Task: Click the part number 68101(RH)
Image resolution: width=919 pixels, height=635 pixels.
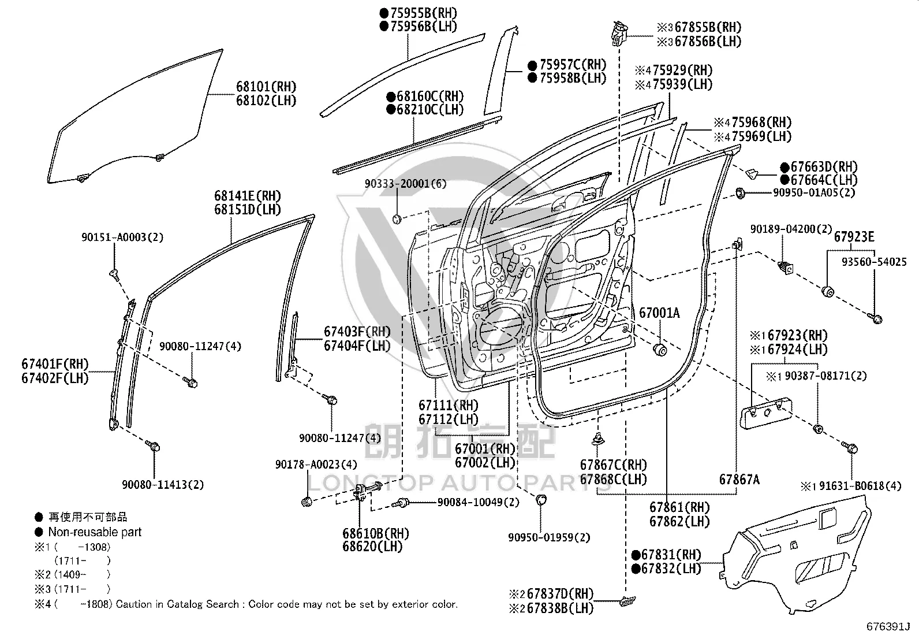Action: (266, 87)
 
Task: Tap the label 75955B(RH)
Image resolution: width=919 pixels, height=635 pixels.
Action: (423, 13)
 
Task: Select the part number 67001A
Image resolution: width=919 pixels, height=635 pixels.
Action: (659, 313)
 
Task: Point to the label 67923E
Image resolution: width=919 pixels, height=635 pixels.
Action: (854, 236)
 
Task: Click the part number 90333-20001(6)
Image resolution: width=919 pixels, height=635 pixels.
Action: (405, 183)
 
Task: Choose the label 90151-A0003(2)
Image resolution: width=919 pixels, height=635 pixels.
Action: (122, 237)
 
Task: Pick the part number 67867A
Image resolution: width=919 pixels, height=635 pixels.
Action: (739, 480)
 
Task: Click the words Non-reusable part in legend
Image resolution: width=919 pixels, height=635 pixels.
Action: (95, 532)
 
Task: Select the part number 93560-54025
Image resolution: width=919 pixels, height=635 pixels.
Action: (875, 262)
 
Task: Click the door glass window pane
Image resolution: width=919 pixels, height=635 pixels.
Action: (136, 117)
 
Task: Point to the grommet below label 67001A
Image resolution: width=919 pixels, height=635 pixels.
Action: (660, 350)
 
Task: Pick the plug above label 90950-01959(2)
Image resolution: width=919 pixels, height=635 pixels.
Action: (541, 499)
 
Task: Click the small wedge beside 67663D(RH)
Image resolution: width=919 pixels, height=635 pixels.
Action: (752, 173)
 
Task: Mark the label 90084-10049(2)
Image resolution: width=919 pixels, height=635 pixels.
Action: (479, 502)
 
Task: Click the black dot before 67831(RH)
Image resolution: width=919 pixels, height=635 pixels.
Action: (636, 555)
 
